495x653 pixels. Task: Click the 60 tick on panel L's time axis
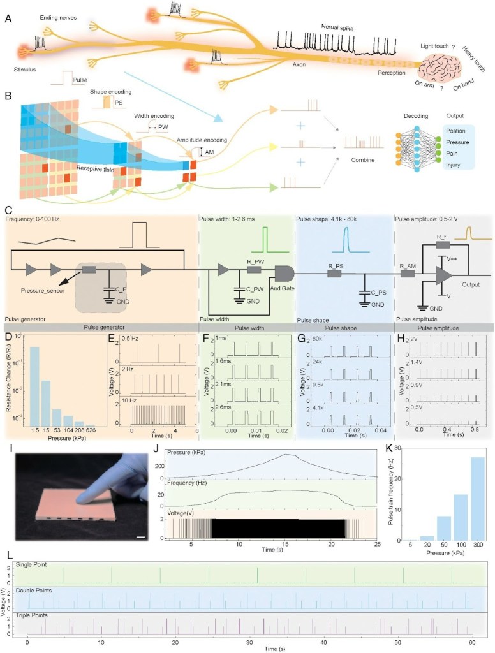click(472, 638)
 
